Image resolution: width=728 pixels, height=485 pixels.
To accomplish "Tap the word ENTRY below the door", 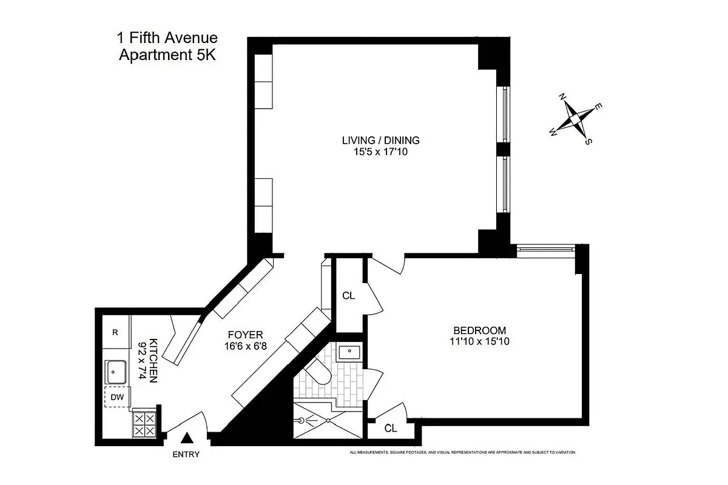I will click(x=186, y=455).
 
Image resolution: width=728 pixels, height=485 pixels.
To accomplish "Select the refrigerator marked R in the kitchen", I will click(x=115, y=332).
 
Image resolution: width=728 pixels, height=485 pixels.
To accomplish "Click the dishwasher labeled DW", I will click(x=117, y=397).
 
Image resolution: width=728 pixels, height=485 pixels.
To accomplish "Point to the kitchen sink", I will click(x=116, y=372).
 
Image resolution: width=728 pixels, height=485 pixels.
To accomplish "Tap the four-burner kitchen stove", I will click(x=144, y=423).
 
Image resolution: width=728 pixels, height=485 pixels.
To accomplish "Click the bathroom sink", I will click(x=349, y=352).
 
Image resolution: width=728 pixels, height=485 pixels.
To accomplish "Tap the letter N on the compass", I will click(x=562, y=98).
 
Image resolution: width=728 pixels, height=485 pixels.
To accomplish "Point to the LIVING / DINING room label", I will click(x=380, y=141).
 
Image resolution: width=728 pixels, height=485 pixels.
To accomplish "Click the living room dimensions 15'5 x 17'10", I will click(x=380, y=152).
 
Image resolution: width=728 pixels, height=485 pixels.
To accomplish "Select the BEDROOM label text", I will click(x=479, y=330).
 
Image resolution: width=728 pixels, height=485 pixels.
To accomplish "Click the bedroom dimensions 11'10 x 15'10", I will click(x=479, y=341).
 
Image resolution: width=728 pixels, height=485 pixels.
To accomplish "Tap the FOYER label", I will click(x=245, y=335).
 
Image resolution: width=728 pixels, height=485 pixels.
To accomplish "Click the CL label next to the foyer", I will click(x=348, y=296).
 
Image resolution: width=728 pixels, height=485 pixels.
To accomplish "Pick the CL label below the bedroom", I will click(x=391, y=429).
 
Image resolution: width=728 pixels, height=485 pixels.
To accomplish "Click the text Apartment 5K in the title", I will click(x=167, y=55).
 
